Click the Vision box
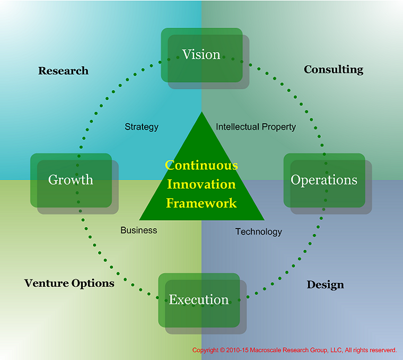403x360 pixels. (202, 55)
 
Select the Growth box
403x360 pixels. (71, 180)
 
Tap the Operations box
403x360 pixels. (324, 180)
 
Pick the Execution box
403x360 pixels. (199, 300)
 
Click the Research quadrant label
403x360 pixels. (63, 71)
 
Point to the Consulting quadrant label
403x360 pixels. (334, 69)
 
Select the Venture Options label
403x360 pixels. (69, 283)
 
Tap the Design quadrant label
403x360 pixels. (325, 285)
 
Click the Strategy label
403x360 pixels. (142, 127)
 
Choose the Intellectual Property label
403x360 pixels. (256, 127)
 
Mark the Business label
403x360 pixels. (139, 230)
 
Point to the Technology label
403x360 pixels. (259, 232)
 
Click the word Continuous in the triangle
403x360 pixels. (202, 165)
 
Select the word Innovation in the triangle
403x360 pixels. (202, 185)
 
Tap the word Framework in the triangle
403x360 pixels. (202, 203)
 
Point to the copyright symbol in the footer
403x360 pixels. (222, 350)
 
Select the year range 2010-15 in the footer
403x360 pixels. (238, 350)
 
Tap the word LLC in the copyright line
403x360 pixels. (336, 350)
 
